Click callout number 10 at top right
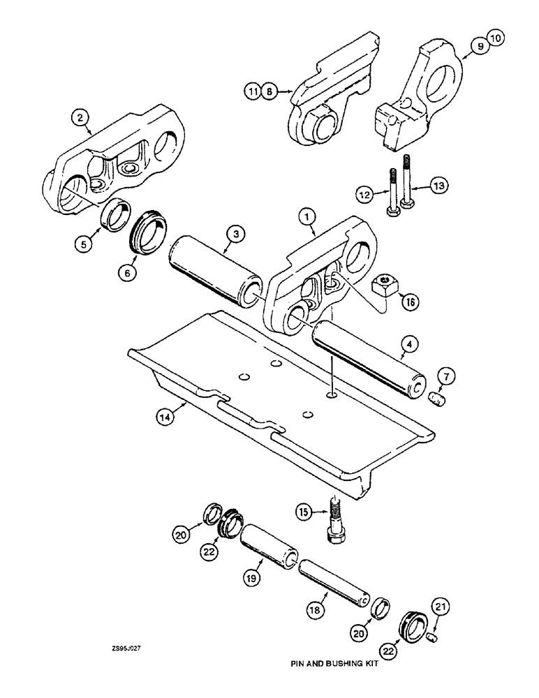pos(476,41)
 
